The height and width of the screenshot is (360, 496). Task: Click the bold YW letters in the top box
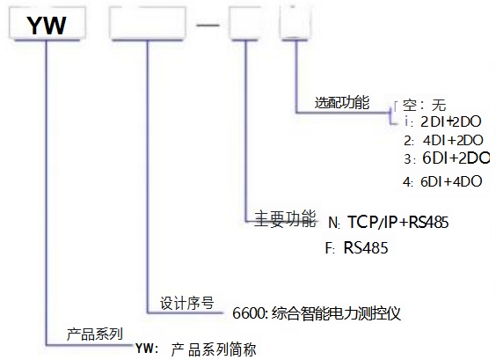pos(47,26)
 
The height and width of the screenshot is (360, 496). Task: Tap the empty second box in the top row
pos(148,24)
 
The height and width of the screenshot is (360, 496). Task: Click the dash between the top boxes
pos(208,25)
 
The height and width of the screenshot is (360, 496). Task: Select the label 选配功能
pos(342,103)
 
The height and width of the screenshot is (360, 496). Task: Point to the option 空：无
pos(424,105)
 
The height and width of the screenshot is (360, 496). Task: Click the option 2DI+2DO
pos(451,121)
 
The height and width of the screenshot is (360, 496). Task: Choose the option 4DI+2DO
pos(453,140)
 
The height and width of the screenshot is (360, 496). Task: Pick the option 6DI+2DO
pos(456,158)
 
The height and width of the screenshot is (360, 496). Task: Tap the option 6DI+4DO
pos(451,181)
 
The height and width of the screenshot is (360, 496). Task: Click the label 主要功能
pos(285,218)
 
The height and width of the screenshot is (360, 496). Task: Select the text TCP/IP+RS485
pos(398,222)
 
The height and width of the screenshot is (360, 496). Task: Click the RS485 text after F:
pos(366,247)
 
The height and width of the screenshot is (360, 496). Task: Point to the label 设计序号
pos(187,303)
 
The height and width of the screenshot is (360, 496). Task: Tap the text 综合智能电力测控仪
pos(336,313)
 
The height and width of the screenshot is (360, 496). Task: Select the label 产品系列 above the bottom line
pos(95,334)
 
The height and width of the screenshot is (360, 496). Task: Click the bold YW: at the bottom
pos(147,349)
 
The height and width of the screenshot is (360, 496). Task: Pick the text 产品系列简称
pos(214,349)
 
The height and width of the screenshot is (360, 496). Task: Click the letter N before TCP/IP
pos(333,223)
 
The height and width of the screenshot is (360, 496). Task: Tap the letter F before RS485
pos(329,248)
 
